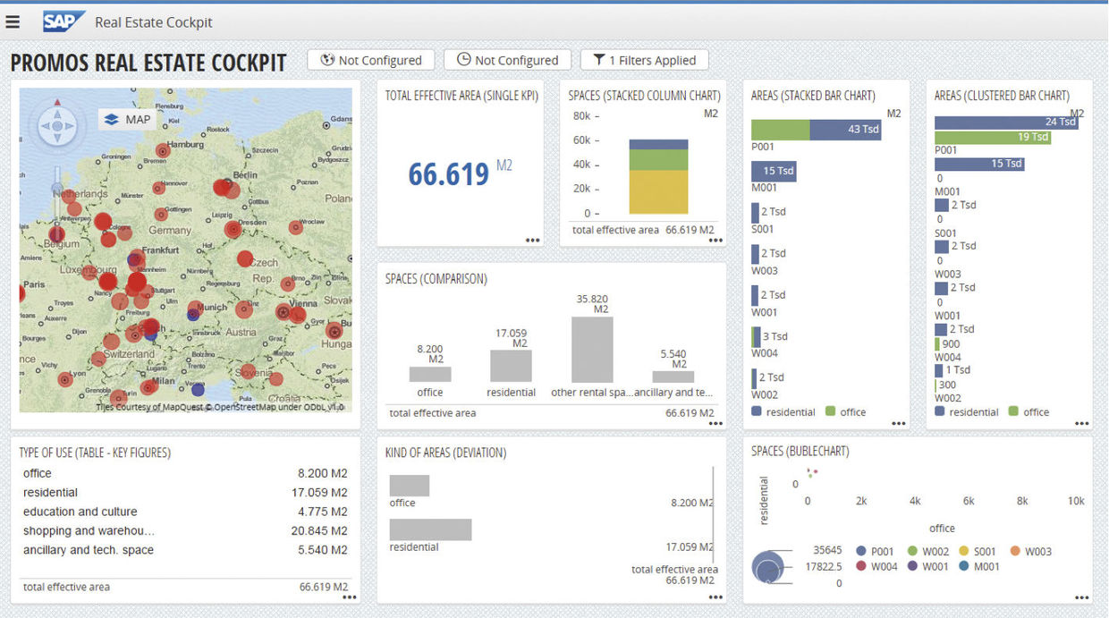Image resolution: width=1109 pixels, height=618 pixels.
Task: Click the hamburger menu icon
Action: point(13,21)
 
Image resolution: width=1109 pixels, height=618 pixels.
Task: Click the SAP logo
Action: point(63,21)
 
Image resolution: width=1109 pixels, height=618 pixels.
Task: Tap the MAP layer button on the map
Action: point(128,119)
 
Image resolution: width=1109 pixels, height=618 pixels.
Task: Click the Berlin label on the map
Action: point(244,175)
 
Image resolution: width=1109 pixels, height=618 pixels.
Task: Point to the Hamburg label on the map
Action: point(185,144)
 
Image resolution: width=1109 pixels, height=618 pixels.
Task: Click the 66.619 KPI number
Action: point(448,174)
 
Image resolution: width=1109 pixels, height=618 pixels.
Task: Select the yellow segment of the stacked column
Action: point(658,191)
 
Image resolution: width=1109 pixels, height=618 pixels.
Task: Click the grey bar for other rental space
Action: point(592,350)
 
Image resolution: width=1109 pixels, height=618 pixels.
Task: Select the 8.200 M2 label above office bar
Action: point(430,354)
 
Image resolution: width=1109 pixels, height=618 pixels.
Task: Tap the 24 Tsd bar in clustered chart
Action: point(1005,123)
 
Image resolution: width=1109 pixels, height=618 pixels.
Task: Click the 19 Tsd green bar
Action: point(992,138)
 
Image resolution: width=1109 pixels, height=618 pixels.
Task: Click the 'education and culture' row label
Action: point(80,512)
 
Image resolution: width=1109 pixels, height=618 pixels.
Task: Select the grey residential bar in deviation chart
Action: point(430,529)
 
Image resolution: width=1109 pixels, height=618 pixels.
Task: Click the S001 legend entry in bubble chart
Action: point(976,552)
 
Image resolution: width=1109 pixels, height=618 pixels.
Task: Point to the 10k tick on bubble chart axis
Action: point(1076,501)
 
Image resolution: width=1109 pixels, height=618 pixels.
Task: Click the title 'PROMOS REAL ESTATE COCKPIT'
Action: point(148,63)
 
